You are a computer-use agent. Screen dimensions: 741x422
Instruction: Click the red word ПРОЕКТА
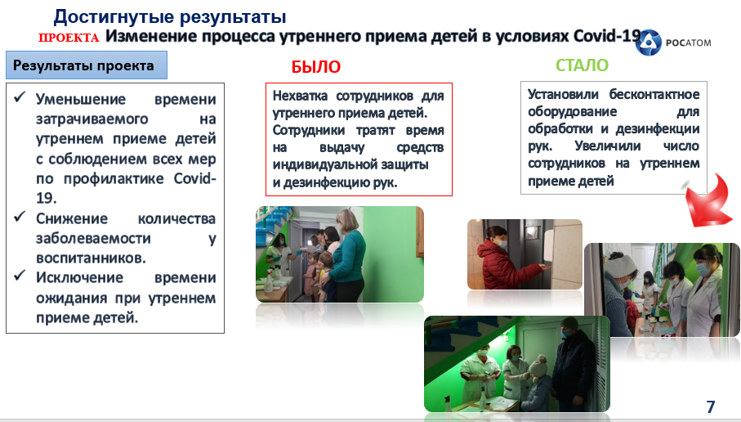click(x=69, y=38)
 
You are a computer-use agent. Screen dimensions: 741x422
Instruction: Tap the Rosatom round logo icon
click(x=649, y=42)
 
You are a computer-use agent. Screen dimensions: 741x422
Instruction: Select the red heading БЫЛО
click(x=315, y=67)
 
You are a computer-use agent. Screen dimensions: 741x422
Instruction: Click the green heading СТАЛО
click(x=582, y=65)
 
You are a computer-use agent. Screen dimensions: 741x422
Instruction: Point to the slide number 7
click(x=710, y=406)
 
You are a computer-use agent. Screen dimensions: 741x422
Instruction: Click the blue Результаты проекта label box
click(x=87, y=65)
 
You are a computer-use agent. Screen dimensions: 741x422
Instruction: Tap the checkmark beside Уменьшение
click(x=20, y=97)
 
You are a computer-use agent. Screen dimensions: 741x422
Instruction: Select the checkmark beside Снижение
click(x=20, y=217)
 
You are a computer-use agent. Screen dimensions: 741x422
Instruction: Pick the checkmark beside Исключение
click(x=20, y=276)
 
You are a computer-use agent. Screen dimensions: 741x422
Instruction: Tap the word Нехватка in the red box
click(x=300, y=96)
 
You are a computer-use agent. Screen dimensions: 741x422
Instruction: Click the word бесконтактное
click(x=654, y=94)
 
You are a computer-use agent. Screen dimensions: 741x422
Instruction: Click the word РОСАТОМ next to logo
click(x=688, y=43)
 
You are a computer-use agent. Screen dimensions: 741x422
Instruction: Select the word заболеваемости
click(x=94, y=239)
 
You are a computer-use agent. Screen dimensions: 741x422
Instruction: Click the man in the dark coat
click(x=573, y=363)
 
